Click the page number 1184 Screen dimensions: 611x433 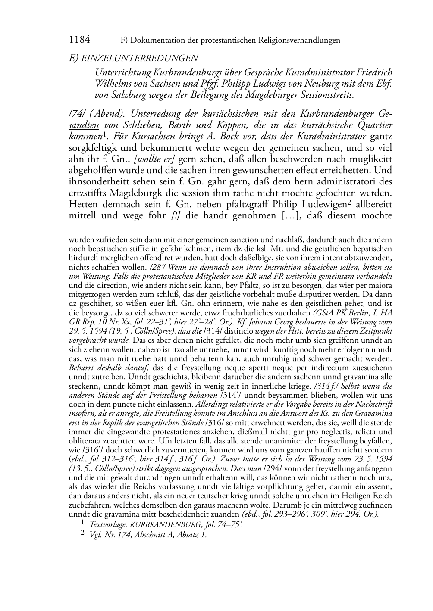[79, 40]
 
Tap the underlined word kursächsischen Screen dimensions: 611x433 [230, 115]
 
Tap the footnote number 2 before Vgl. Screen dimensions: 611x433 [82, 534]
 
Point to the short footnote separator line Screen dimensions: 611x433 [85, 233]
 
